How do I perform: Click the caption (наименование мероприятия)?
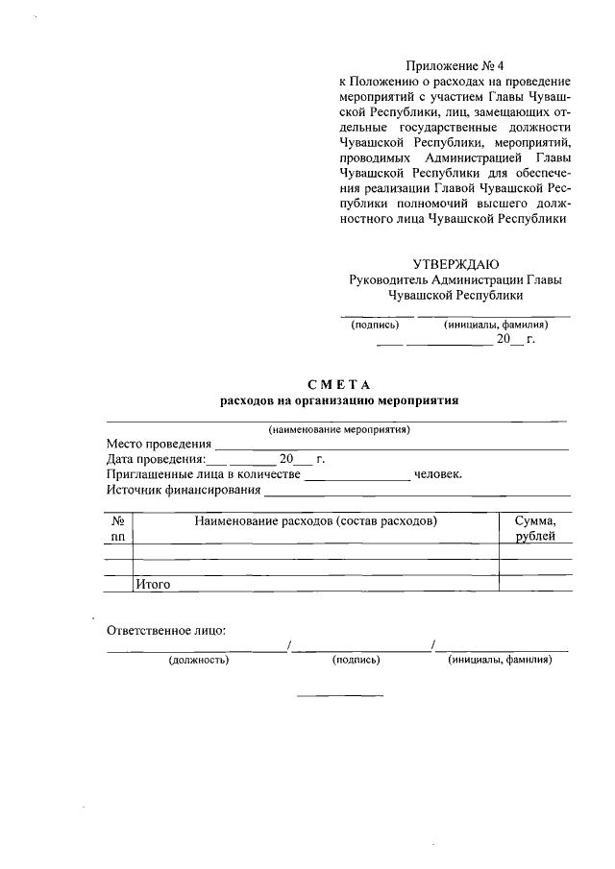(x=339, y=429)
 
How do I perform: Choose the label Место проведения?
(x=159, y=444)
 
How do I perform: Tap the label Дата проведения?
(x=155, y=459)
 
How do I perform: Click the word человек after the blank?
(x=437, y=474)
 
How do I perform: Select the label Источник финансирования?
(x=184, y=490)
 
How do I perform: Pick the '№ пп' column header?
(x=118, y=528)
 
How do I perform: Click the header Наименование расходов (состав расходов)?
(x=316, y=520)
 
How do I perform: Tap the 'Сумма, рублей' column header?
(x=535, y=528)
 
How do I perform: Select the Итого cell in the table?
(x=153, y=582)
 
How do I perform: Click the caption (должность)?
(x=198, y=661)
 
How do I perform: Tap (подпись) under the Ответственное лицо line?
(x=356, y=661)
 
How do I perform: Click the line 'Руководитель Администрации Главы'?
(x=455, y=279)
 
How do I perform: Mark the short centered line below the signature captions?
(x=339, y=694)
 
